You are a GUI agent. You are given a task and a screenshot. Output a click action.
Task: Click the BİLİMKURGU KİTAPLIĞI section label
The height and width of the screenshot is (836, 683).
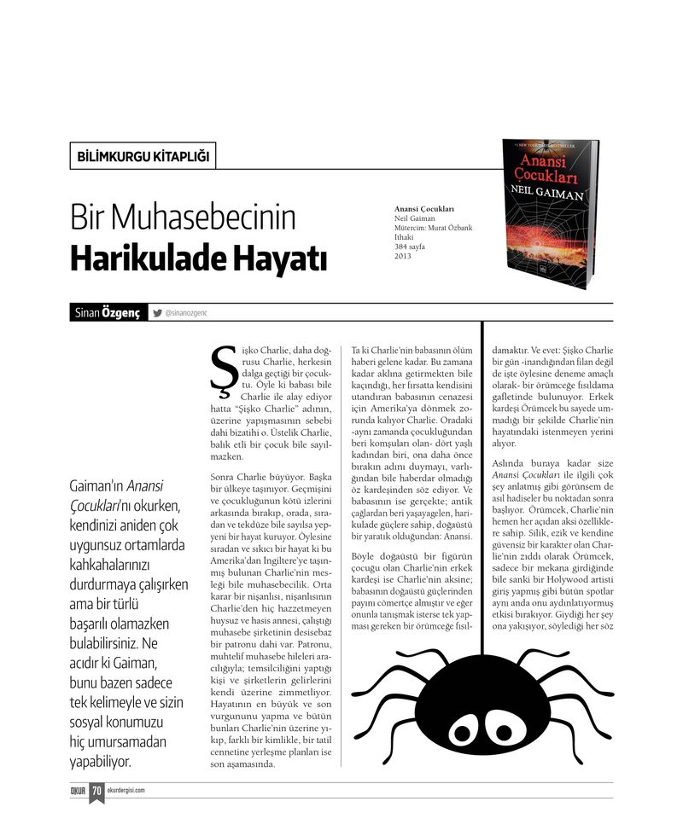pos(142,156)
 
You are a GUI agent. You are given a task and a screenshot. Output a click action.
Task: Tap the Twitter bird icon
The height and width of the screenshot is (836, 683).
pos(157,313)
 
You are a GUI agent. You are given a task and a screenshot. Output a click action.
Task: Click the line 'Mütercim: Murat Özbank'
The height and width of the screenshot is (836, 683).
pos(433,228)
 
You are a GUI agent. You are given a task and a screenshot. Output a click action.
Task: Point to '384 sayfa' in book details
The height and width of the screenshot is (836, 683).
pos(409,247)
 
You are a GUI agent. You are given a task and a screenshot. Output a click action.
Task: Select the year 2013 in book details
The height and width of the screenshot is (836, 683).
pos(403,256)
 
